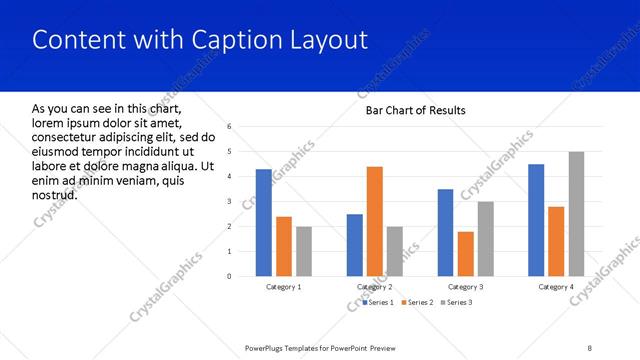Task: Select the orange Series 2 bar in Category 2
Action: point(375,221)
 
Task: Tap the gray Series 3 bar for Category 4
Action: point(577,214)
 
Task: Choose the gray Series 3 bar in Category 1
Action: point(304,251)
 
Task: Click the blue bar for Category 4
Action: point(536,220)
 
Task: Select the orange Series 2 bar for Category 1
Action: point(284,246)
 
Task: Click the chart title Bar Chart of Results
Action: point(415,110)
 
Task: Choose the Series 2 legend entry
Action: point(419,302)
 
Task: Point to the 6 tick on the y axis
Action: point(229,127)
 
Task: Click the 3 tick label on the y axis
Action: point(229,202)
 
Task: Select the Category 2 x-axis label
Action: point(375,287)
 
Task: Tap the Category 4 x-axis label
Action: point(556,287)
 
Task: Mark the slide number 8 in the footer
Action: point(590,348)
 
